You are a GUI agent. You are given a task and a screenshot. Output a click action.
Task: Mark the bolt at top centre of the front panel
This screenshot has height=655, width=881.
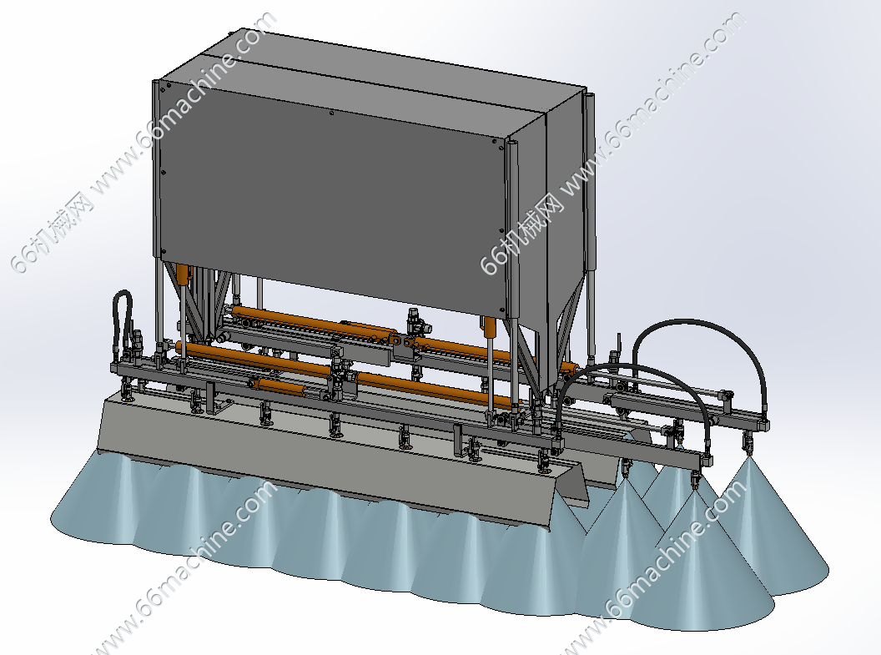click(x=332, y=113)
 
